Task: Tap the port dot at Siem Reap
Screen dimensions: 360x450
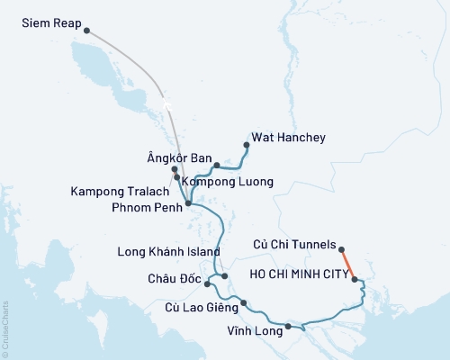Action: coord(86,31)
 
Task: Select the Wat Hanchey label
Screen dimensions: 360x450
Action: coord(289,138)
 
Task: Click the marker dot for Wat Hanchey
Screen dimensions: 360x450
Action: coord(247,144)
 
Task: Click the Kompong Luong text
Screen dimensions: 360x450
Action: coord(228,182)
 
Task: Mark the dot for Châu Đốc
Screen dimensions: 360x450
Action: coord(208,284)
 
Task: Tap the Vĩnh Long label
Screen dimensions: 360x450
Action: coord(255,331)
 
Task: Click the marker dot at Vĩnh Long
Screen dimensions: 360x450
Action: coord(287,326)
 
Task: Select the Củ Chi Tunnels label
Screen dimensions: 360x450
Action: coord(294,243)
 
